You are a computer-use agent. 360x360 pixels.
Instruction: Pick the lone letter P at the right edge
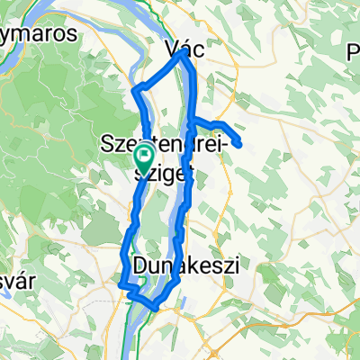pyautogui.click(x=352, y=53)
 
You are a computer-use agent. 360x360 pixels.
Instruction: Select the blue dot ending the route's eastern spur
pyautogui.click(x=239, y=142)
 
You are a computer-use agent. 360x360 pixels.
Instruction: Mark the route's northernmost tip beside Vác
pyautogui.click(x=184, y=51)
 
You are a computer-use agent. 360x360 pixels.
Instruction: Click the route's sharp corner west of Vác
pyautogui.click(x=136, y=89)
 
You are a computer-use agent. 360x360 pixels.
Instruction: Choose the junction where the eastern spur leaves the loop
pyautogui.click(x=191, y=120)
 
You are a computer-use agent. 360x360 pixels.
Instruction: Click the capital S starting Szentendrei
pyautogui.click(x=109, y=144)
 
